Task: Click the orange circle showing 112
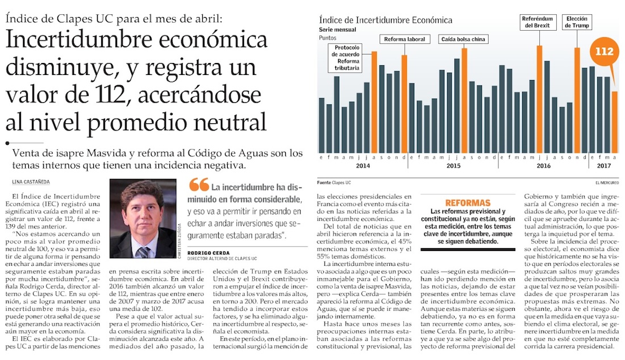pos(604,52)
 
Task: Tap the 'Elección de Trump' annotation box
pos(577,22)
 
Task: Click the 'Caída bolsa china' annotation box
pos(464,39)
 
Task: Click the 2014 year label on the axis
pos(363,165)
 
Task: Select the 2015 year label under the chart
pos(453,165)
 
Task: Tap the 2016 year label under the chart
pos(543,165)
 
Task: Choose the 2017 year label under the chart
pos(603,165)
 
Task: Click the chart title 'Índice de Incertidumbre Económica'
pos(386,20)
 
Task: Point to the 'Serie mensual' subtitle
pos(338,30)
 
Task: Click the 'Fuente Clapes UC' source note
pos(335,182)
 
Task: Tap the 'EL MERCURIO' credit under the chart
pos(607,182)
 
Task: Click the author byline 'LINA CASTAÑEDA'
pos(31,182)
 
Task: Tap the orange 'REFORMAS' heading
pos(468,203)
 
